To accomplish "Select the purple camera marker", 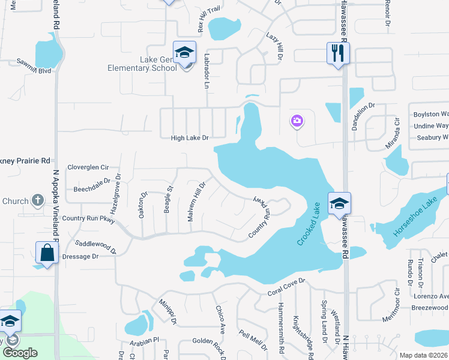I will [x=297, y=122].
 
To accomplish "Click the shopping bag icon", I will [x=46, y=253].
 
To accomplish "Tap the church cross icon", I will [x=37, y=200].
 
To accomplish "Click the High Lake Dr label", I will [x=190, y=138].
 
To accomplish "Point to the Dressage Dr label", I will [x=79, y=256].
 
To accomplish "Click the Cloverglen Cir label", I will [x=88, y=167].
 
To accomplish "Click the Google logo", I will [x=20, y=353].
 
